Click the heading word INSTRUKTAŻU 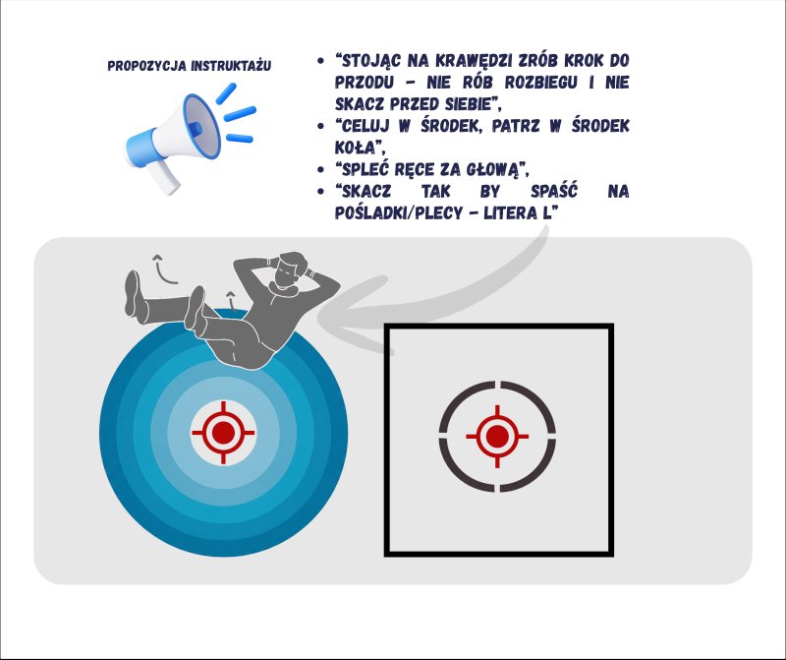point(231,66)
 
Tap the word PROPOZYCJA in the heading point(147,66)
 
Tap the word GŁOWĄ point(492,169)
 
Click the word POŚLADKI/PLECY point(399,212)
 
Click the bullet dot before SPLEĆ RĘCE point(321,169)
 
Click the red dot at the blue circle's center point(224,433)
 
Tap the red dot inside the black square point(497,436)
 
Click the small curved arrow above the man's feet point(163,270)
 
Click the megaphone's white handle point(165,176)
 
